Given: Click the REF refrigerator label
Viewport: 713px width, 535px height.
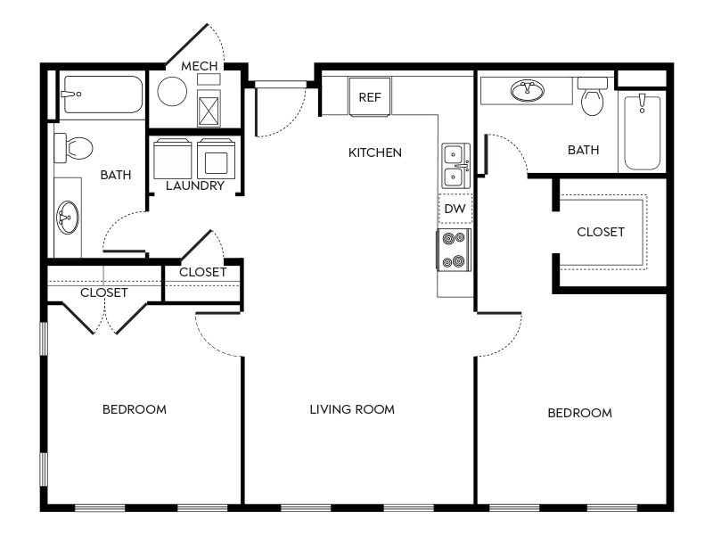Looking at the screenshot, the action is click(x=370, y=97).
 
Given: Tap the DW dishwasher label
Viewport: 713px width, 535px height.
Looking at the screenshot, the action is click(x=455, y=209).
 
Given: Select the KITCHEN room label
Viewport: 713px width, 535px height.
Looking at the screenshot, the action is click(x=375, y=152).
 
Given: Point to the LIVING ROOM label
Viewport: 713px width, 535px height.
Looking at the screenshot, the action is click(x=352, y=409).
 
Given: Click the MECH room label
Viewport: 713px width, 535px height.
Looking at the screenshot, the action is click(x=199, y=66).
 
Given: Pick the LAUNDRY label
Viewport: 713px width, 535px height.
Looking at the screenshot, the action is click(x=195, y=185).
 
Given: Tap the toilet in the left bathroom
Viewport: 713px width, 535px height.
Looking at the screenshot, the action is click(x=73, y=148).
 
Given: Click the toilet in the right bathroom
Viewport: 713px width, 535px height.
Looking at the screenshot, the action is click(x=593, y=96).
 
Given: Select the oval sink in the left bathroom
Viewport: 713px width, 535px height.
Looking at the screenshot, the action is click(x=68, y=217).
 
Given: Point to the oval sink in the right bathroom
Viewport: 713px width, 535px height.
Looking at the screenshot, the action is click(x=527, y=91).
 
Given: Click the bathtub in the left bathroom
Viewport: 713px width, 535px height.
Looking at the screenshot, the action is click(x=102, y=95).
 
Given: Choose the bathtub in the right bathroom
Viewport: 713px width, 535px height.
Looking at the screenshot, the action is click(x=642, y=132).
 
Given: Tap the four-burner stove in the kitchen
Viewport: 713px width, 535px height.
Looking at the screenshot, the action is click(x=455, y=250).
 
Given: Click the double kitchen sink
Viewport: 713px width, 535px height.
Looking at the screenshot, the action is click(x=455, y=166).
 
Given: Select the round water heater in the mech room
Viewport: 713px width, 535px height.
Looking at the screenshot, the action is click(x=172, y=92).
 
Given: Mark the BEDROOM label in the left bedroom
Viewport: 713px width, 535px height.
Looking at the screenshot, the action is click(x=135, y=409).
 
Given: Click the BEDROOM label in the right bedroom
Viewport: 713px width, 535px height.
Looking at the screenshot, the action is click(x=580, y=413).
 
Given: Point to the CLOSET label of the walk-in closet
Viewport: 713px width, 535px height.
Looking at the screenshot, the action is click(x=601, y=232).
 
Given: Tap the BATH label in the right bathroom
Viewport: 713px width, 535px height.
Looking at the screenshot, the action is click(x=584, y=150).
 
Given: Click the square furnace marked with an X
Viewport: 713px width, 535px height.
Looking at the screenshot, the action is click(x=209, y=108).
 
